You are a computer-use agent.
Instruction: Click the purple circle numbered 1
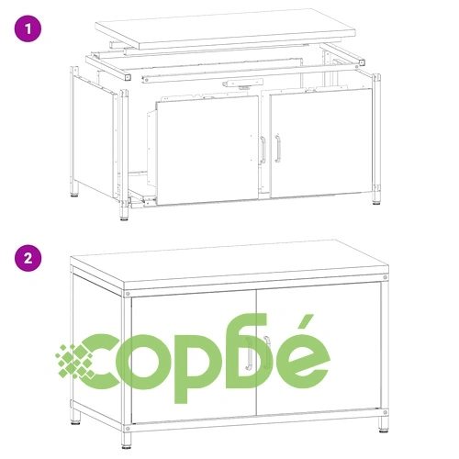[28, 28]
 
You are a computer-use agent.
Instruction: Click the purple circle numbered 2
[28, 258]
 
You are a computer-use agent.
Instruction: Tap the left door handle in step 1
[263, 150]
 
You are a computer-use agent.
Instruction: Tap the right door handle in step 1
[277, 148]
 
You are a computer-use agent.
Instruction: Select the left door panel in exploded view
[207, 150]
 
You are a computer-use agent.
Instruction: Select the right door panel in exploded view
[321, 143]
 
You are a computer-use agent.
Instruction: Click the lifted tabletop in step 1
[225, 29]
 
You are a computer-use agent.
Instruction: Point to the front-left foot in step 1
[124, 213]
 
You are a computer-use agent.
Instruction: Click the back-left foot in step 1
[74, 189]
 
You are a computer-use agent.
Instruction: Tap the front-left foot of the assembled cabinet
[126, 441]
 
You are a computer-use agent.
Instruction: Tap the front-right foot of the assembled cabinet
[384, 425]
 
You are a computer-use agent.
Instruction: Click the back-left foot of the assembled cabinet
[76, 417]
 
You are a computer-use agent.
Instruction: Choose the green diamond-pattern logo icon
[75, 361]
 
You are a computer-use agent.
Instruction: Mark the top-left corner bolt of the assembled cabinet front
[128, 294]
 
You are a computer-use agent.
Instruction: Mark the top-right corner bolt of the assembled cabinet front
[385, 277]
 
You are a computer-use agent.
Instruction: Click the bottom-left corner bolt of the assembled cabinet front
[128, 428]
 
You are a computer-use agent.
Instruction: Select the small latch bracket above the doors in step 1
[242, 83]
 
